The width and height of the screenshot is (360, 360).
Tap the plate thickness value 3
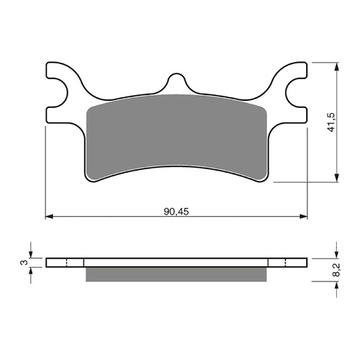23,263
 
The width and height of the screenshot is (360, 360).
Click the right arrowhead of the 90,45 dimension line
305,216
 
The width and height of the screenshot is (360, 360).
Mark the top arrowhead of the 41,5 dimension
336,66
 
